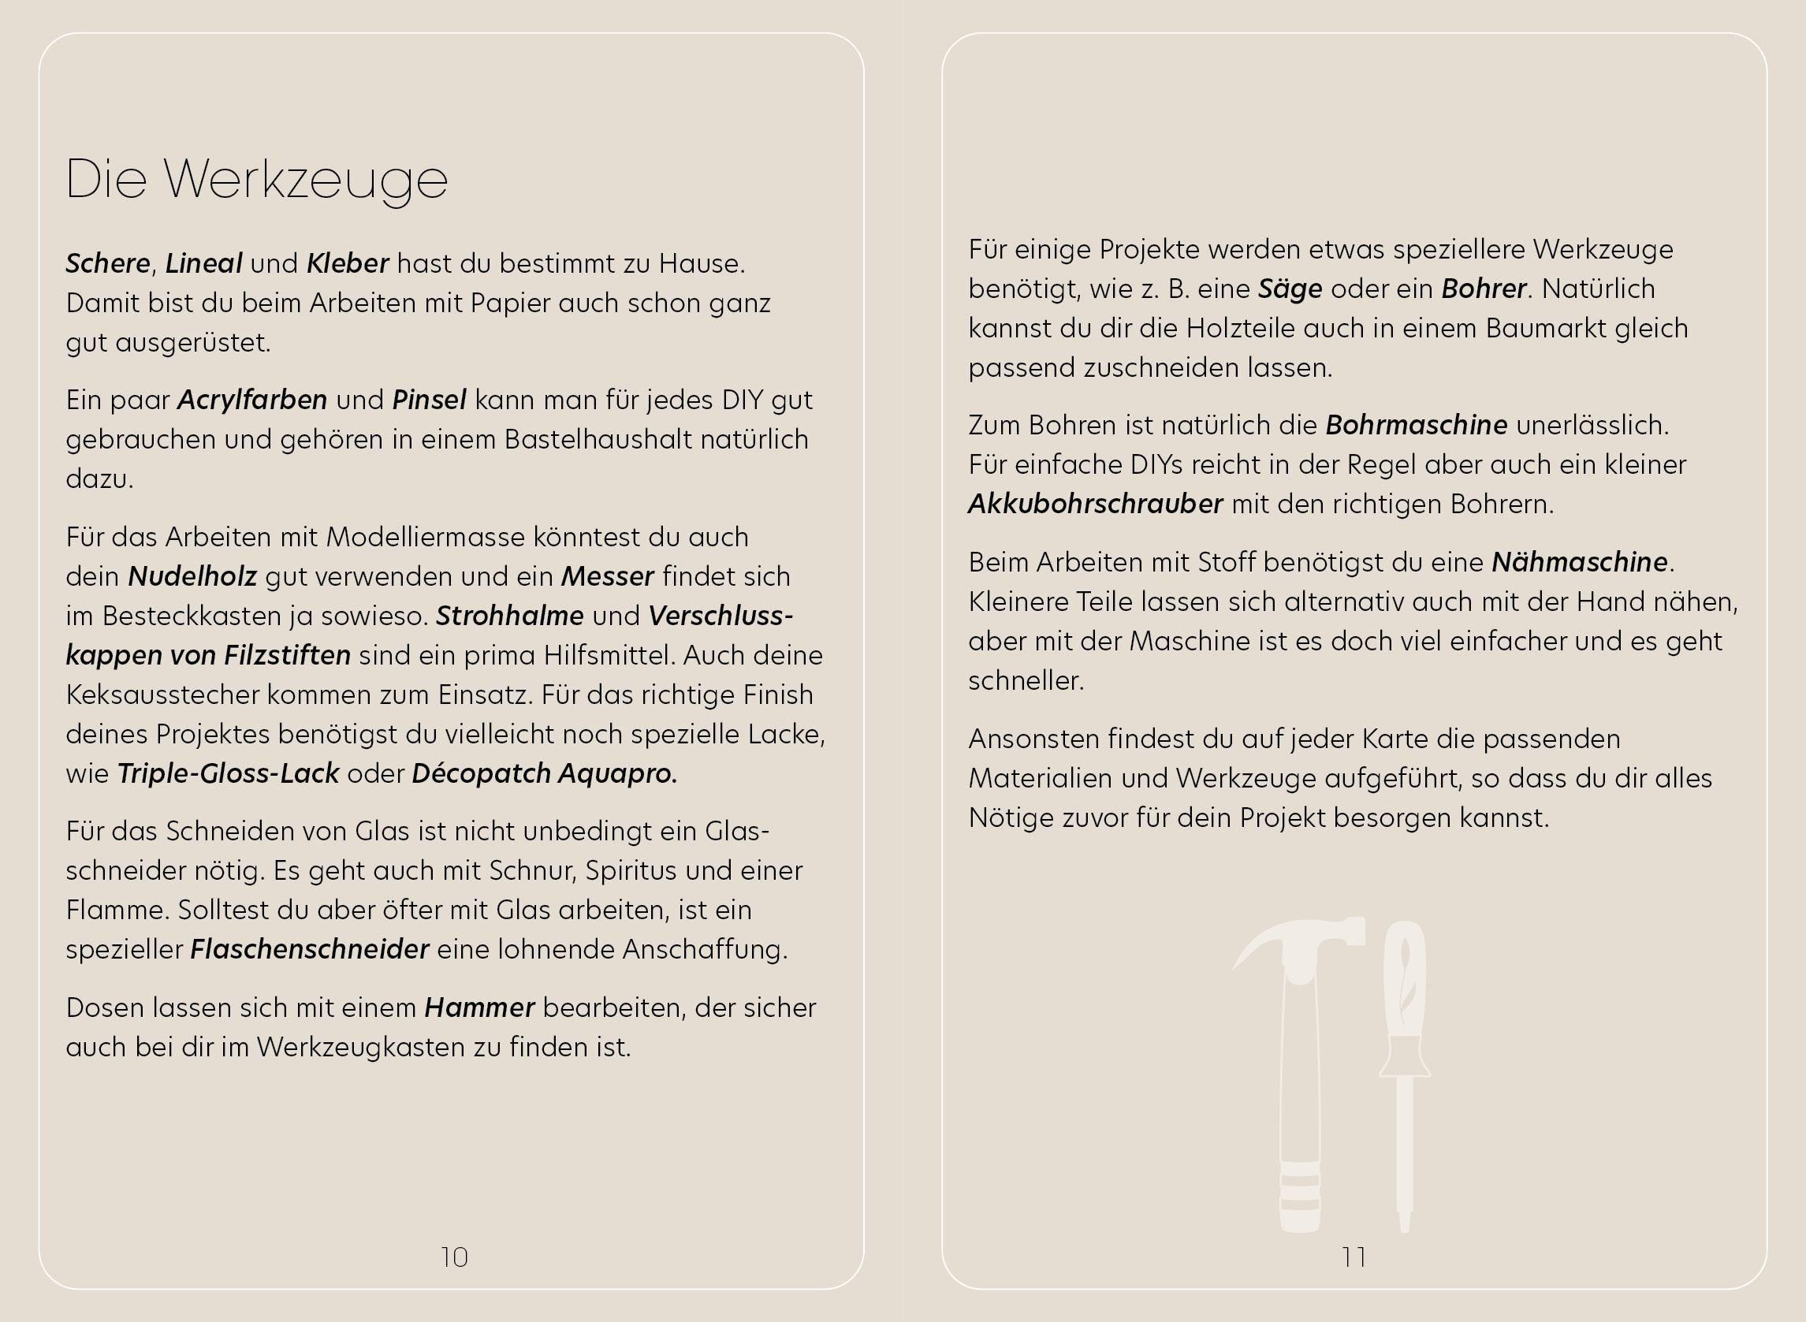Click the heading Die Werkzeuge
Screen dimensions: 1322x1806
tap(256, 180)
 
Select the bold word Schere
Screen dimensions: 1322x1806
tap(108, 263)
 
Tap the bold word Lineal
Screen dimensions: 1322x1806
tap(203, 263)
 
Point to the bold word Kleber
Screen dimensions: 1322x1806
tap(348, 263)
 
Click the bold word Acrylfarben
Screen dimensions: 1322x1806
tap(252, 400)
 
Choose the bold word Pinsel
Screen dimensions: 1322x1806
tap(429, 400)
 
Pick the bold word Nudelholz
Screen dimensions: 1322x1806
tap(192, 576)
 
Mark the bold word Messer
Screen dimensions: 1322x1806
tap(607, 576)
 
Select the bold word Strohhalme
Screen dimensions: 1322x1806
tap(510, 616)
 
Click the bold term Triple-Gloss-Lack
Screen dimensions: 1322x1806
tap(228, 773)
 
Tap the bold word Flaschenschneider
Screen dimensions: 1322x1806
tap(310, 949)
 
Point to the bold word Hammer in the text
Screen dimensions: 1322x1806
tap(479, 1007)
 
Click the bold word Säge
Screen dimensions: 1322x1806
tap(1290, 289)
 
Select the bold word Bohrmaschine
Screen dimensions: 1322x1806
tap(1417, 425)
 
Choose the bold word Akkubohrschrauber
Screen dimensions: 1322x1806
tap(1096, 505)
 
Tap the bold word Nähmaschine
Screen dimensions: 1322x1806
tap(1580, 562)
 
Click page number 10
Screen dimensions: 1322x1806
tap(454, 1257)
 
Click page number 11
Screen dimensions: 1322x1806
tap(1354, 1257)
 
